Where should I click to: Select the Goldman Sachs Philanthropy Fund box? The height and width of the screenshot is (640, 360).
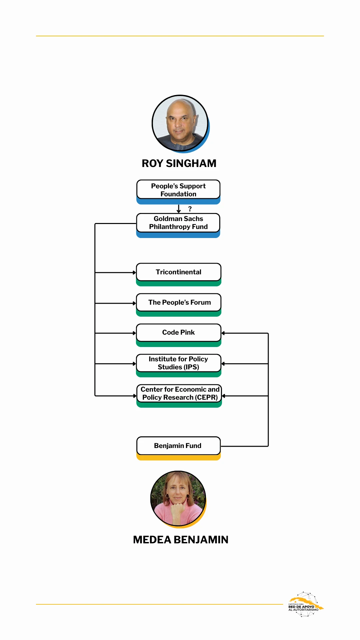coord(178,223)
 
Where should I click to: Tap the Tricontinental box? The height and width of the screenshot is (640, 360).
coord(178,272)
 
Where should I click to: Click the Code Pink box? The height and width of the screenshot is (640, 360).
coord(178,333)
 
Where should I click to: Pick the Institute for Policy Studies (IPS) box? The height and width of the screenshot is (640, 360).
coord(178,363)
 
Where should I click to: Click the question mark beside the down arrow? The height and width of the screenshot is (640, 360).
coord(190,209)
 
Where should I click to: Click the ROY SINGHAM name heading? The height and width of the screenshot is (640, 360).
coord(179,163)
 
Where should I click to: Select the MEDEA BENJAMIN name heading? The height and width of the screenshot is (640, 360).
coord(180,540)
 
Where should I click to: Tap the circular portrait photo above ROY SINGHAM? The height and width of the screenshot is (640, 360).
coord(180,123)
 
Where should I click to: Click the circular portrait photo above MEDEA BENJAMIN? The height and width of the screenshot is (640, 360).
coord(178,499)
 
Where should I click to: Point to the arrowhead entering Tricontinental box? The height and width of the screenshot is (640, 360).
coord(134,273)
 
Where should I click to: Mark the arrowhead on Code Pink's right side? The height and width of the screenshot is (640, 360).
coord(223,333)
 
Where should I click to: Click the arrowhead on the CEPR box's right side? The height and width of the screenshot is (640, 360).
coord(224,396)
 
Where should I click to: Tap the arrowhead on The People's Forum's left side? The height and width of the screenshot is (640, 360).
coord(134,303)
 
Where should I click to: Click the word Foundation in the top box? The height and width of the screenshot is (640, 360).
coord(178,194)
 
